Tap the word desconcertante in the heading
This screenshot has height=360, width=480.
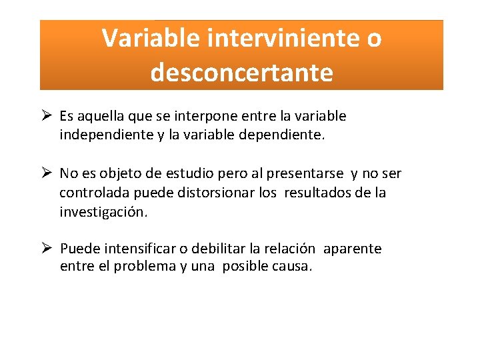tap(241, 72)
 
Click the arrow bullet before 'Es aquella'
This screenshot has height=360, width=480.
tap(46, 115)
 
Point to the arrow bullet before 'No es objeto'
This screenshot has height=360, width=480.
tap(46, 173)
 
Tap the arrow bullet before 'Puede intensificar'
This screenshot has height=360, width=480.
tap(46, 248)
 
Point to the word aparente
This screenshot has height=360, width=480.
tap(353, 249)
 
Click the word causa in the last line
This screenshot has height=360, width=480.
tap(293, 267)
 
